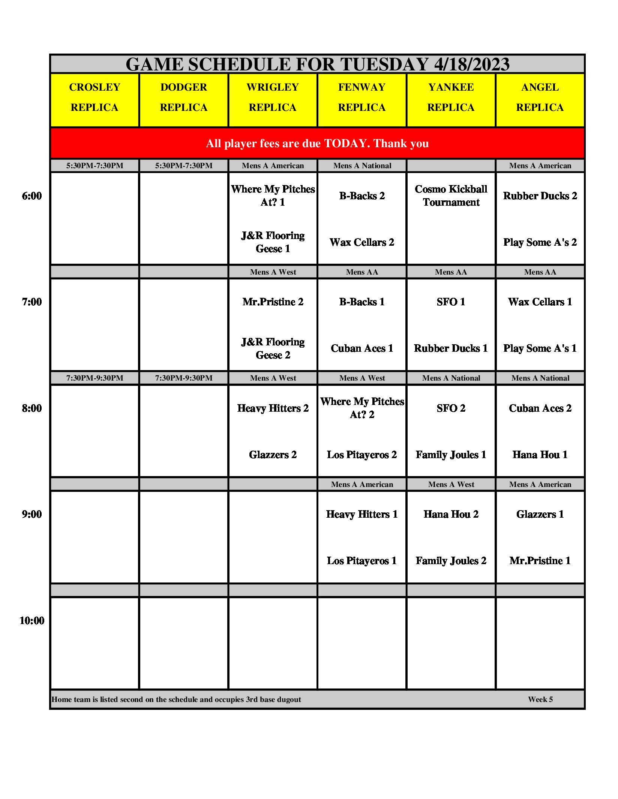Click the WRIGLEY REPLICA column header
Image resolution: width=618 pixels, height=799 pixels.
point(273,97)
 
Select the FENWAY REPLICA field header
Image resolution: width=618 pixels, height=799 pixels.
point(361,97)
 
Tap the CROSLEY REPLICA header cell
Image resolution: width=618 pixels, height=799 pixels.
point(94,97)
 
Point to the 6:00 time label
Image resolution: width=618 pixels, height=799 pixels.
point(32,196)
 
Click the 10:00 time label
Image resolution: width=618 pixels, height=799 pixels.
point(32,621)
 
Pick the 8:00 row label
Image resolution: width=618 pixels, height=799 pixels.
point(32,408)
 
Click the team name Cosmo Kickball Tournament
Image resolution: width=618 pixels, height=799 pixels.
point(451,196)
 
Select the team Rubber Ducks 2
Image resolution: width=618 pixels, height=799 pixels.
point(540,196)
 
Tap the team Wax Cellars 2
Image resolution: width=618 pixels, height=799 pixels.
point(362,242)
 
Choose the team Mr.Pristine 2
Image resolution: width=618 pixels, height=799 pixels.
point(273,302)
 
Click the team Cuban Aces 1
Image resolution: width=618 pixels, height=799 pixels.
point(362,348)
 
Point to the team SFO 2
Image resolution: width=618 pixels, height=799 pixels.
point(451,408)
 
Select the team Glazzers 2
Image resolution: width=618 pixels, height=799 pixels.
point(273,455)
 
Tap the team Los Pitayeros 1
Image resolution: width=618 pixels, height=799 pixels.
point(362,561)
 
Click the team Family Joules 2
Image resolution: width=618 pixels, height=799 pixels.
point(451,561)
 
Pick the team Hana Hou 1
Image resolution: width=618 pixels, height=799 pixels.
point(540,455)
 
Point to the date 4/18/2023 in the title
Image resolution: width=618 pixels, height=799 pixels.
point(472,64)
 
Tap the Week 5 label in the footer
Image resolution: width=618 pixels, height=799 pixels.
point(540,699)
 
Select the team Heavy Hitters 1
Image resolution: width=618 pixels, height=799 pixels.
point(362,514)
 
